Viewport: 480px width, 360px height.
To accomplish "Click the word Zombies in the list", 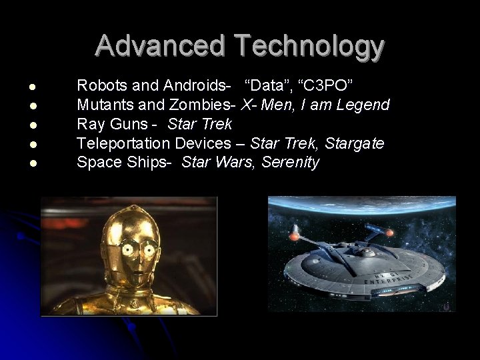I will point(205,105).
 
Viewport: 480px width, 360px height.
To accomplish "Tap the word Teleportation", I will point(123,143).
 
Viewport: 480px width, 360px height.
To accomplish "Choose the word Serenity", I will point(291,162).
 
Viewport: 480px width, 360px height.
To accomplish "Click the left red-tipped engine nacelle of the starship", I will point(294,235).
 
